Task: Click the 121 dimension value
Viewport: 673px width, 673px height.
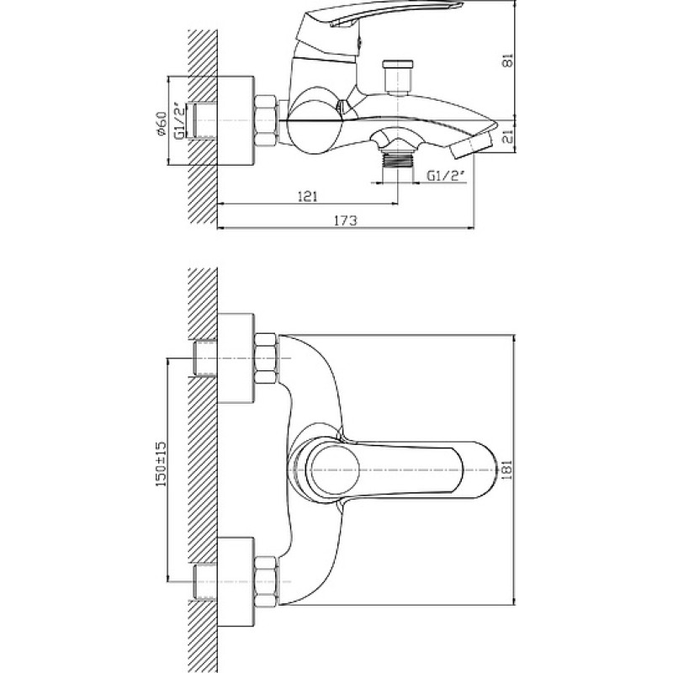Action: tap(307, 197)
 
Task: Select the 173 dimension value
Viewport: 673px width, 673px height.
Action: tap(346, 220)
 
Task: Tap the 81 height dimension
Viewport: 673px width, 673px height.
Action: tap(508, 60)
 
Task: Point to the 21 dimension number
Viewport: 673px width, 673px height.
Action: tap(508, 137)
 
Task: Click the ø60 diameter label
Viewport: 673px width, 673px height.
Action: tap(162, 124)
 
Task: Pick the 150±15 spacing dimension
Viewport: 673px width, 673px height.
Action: tap(162, 464)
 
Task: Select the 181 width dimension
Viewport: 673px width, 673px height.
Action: tap(508, 469)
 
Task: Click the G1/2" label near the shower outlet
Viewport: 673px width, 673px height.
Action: tap(446, 176)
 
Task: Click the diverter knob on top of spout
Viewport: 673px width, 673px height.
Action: tap(398, 77)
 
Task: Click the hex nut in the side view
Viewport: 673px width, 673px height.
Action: tap(265, 121)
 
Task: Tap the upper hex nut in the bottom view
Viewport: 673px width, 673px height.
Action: tap(265, 358)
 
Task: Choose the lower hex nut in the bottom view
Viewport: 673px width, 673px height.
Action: tap(265, 581)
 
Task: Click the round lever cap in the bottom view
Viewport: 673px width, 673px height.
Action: tap(334, 469)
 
